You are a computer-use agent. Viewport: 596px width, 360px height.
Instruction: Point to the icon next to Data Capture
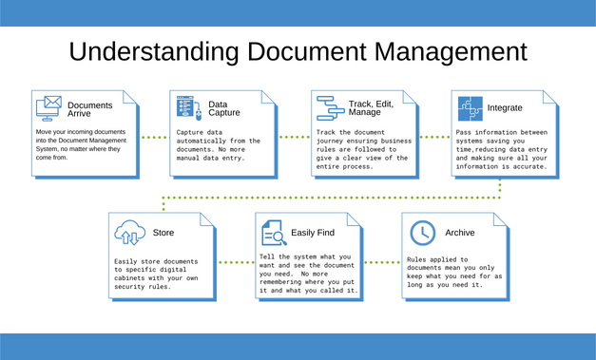(x=185, y=107)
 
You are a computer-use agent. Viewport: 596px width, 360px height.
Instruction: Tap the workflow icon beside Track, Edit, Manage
(x=330, y=107)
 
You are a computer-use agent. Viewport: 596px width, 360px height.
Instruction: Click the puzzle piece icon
(x=469, y=107)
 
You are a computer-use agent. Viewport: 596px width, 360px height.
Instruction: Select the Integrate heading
(x=504, y=108)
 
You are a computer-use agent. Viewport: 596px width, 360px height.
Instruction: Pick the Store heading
(x=163, y=232)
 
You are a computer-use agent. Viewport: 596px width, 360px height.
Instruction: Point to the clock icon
(x=421, y=232)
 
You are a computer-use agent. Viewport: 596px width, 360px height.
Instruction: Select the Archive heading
(x=460, y=233)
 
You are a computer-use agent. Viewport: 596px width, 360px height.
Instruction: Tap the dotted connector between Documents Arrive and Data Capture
(x=155, y=137)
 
